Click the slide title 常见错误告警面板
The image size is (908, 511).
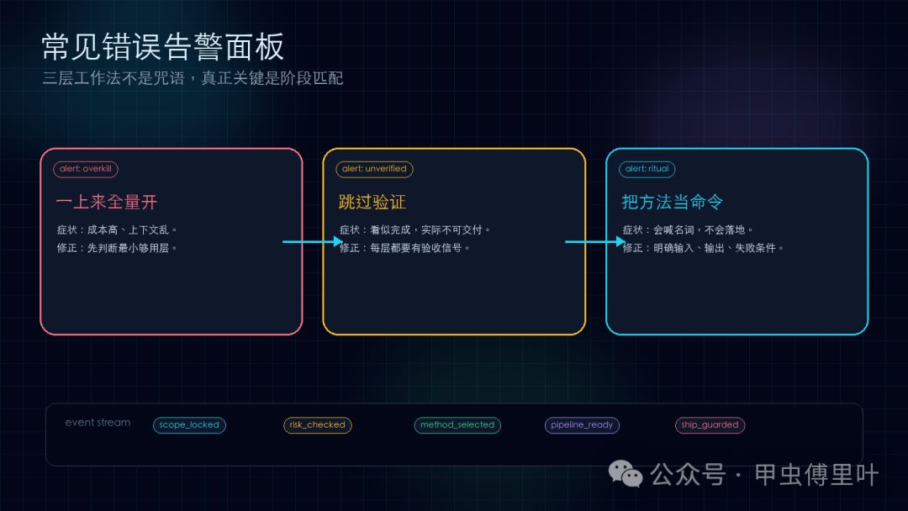[x=163, y=46]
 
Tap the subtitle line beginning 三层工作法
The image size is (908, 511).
[x=193, y=78]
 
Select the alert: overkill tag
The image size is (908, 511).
[x=86, y=169]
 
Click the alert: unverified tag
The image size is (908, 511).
[x=374, y=169]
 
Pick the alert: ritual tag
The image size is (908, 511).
[x=647, y=169]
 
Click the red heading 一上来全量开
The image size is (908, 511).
[x=107, y=202]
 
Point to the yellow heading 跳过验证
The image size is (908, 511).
[x=372, y=202]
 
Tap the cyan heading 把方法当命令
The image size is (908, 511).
[x=673, y=202]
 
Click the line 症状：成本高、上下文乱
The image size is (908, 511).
[x=117, y=229]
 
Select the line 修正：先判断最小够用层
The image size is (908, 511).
[x=117, y=248]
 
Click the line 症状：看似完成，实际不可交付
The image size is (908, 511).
[x=415, y=229]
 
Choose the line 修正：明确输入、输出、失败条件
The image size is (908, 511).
[x=703, y=248]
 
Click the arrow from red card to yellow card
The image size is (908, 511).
[x=313, y=241]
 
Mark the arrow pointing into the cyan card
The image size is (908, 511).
[x=595, y=241]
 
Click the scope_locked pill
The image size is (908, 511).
[x=189, y=424]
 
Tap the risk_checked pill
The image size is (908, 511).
[x=317, y=424]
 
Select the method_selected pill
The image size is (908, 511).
[x=457, y=424]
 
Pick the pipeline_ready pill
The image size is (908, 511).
[x=582, y=424]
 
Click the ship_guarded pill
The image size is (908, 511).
[x=710, y=424]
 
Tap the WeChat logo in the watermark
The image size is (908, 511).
[x=626, y=474]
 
